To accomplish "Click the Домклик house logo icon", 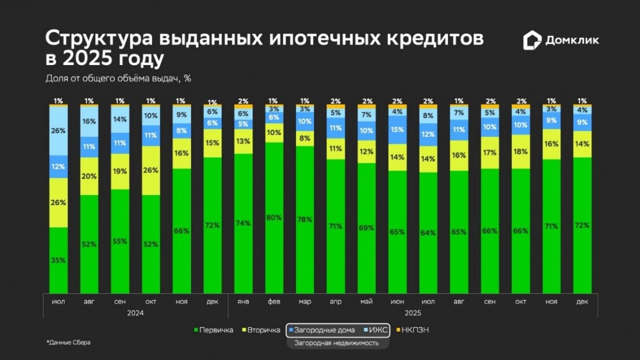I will pyautogui.click(x=532, y=41).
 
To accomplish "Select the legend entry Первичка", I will pyautogui.click(x=214, y=331).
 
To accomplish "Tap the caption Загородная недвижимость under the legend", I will pyautogui.click(x=337, y=343).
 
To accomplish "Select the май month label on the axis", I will pyautogui.click(x=366, y=302).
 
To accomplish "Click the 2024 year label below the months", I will pyautogui.click(x=136, y=313).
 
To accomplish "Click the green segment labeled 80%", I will pyautogui.click(x=274, y=217).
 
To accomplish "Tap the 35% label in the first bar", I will pyautogui.click(x=58, y=260).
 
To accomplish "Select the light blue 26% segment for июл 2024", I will pyautogui.click(x=58, y=130).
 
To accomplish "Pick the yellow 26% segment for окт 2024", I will pyautogui.click(x=151, y=171).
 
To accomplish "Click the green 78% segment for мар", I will pyautogui.click(x=305, y=219).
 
